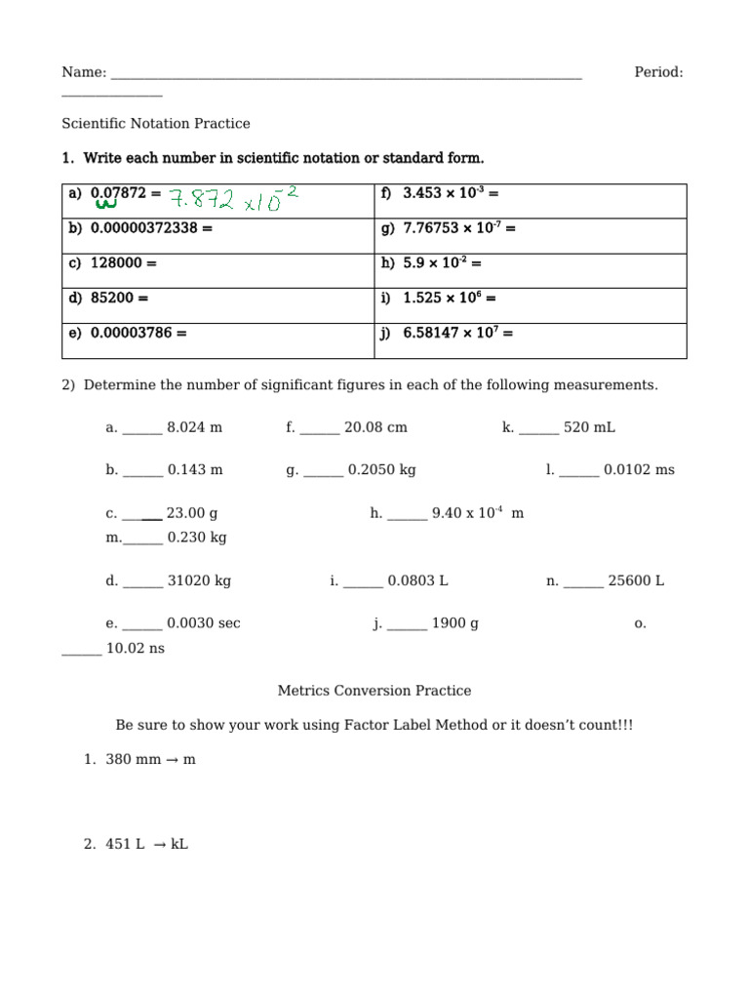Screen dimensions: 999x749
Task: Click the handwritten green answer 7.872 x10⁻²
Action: [x=232, y=199]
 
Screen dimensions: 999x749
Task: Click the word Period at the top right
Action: [x=658, y=72]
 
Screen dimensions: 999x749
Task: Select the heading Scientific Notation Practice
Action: [x=156, y=124]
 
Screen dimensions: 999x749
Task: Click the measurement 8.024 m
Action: [x=195, y=427]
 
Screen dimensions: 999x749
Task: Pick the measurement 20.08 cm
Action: [x=375, y=427]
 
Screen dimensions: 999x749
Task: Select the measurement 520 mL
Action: [x=589, y=427]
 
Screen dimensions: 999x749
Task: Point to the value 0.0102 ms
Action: [x=639, y=470]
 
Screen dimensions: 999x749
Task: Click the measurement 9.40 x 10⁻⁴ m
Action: [x=477, y=513]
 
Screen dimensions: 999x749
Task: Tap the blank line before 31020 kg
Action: [x=143, y=583]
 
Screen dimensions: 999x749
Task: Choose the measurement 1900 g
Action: [x=454, y=623]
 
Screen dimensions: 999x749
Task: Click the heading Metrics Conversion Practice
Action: [x=374, y=691]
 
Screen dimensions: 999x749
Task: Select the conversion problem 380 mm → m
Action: [x=150, y=759]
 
